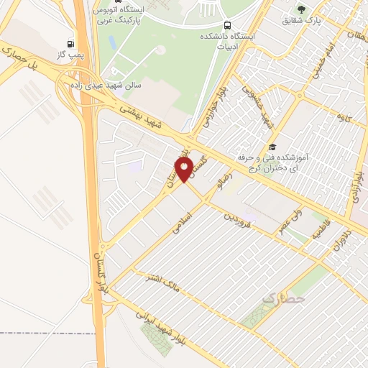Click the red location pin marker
point(185,169)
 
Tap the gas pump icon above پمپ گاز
point(70,44)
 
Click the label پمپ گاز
point(70,55)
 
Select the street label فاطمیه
point(316,233)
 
